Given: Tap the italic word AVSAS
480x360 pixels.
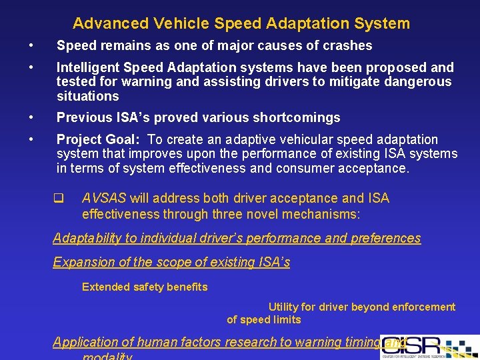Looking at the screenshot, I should (x=104, y=199).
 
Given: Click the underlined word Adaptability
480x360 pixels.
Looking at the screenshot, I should (x=87, y=239).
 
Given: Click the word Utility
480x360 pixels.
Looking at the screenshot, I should (x=283, y=307).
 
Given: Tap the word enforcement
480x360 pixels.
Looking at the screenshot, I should (x=423, y=307).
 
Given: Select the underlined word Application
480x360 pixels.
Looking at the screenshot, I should (x=85, y=343).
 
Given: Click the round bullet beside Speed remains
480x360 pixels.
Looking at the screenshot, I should (x=31, y=46).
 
